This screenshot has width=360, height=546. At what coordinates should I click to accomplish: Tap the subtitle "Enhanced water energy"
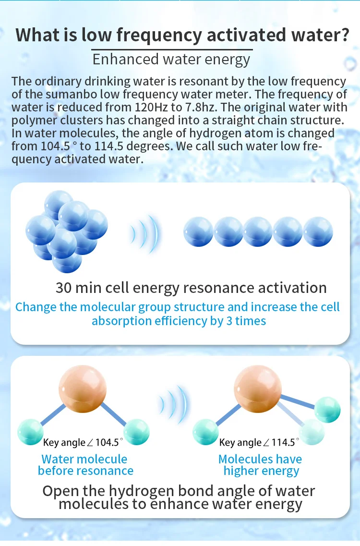tap(171, 60)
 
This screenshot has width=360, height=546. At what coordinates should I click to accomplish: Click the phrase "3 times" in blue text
tap(245, 321)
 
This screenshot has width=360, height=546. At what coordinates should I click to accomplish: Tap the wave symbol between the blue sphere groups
tap(144, 234)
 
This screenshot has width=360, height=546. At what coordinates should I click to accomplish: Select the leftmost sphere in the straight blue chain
tap(198, 232)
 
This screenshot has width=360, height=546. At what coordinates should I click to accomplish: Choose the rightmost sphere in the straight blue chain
tap(318, 232)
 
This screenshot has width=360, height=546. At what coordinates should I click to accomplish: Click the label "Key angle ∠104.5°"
tap(83, 442)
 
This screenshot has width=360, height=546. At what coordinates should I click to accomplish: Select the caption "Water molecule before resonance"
tap(85, 465)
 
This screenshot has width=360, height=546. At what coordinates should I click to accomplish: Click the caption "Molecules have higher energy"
tap(261, 465)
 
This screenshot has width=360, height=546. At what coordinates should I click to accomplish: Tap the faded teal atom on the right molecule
tap(311, 431)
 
